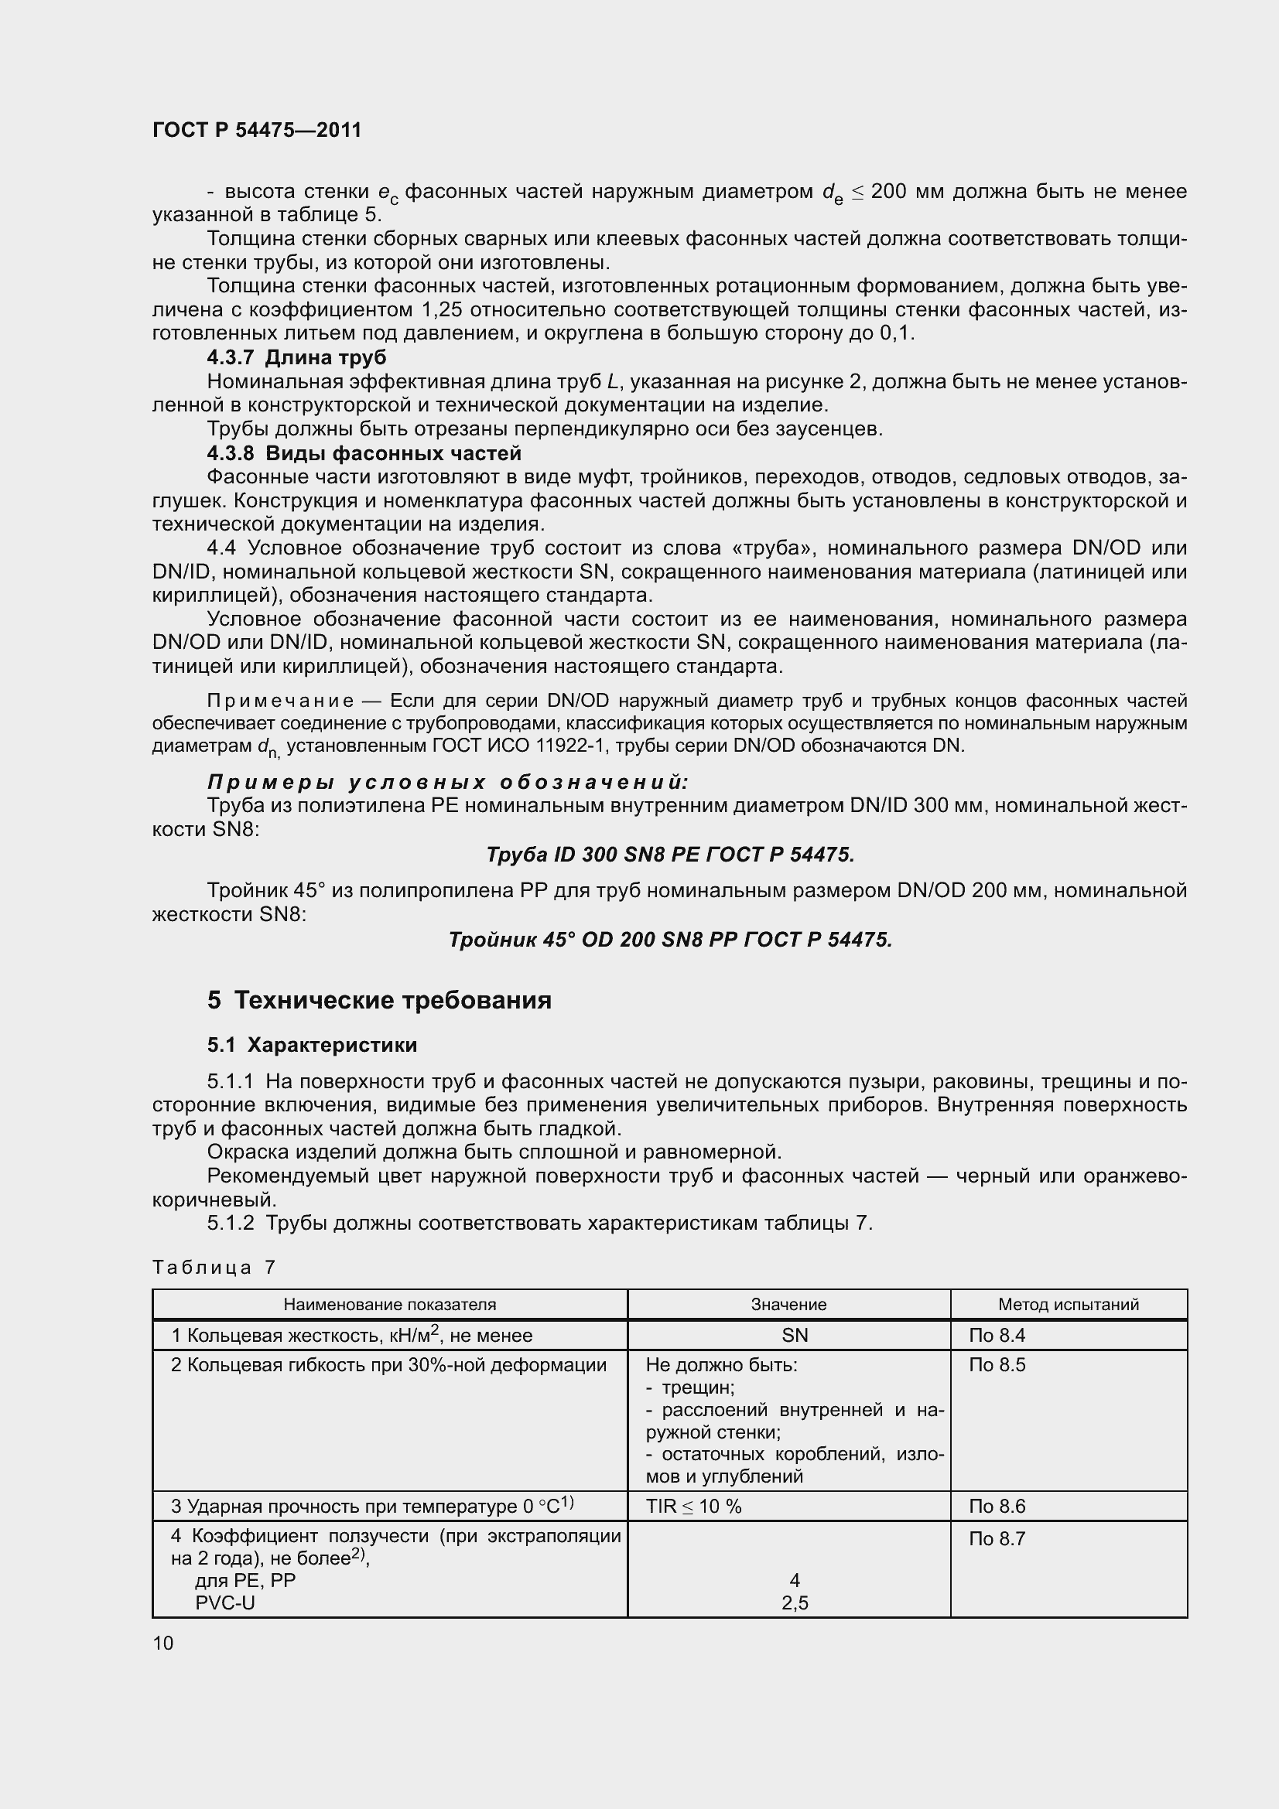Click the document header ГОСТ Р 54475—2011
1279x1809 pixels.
point(257,130)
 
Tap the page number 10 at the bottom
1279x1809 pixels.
point(163,1643)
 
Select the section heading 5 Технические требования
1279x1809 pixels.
point(379,1000)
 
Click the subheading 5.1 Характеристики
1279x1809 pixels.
point(312,1045)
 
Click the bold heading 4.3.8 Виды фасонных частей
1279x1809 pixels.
point(364,453)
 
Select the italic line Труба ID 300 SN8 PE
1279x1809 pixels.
point(670,855)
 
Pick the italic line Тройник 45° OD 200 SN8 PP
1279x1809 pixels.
point(670,940)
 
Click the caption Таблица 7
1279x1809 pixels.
point(214,1267)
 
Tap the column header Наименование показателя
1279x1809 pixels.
point(389,1304)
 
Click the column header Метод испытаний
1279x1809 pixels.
point(1068,1304)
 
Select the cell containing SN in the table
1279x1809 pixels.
point(795,1336)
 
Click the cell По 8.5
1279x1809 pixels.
point(997,1365)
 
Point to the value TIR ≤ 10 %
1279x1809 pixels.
point(693,1507)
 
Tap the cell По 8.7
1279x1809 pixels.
point(997,1539)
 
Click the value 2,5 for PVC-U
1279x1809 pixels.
point(795,1603)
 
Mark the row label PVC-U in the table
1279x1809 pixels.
point(224,1603)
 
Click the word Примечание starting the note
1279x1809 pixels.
point(280,701)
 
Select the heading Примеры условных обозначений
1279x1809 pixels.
point(447,783)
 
